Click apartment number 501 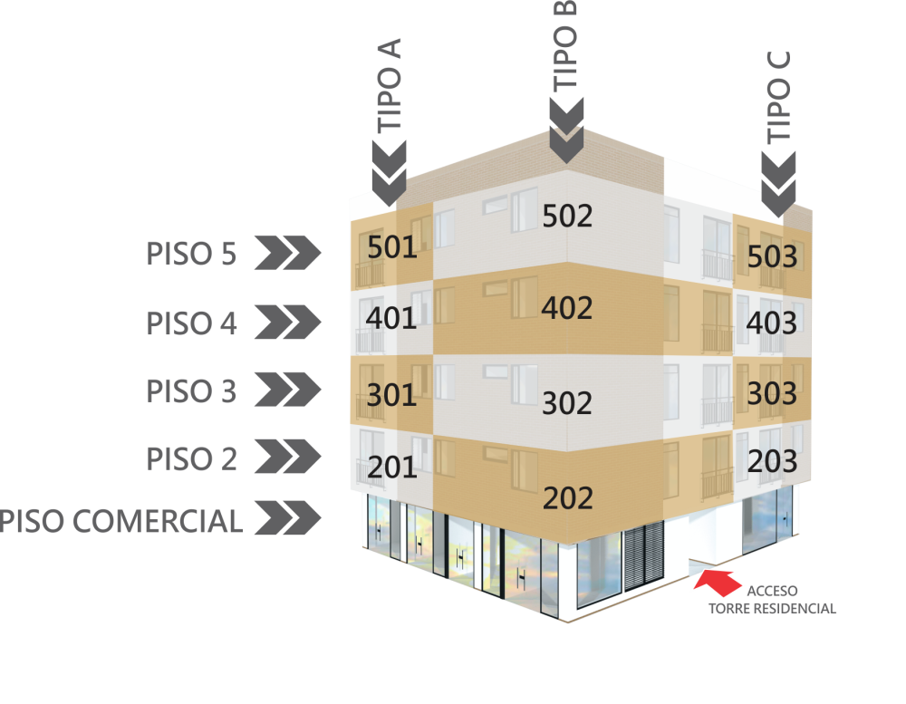pyautogui.click(x=392, y=246)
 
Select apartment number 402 pyautogui.click(x=567, y=308)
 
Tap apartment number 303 pyautogui.click(x=772, y=393)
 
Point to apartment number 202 pyautogui.click(x=567, y=498)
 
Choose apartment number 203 pyautogui.click(x=772, y=461)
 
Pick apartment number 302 pyautogui.click(x=567, y=403)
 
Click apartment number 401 pyautogui.click(x=391, y=318)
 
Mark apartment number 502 pyautogui.click(x=567, y=216)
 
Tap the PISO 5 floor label pyautogui.click(x=191, y=254)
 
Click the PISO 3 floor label pyautogui.click(x=191, y=391)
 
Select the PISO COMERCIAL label pyautogui.click(x=121, y=521)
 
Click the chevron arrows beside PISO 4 pyautogui.click(x=287, y=322)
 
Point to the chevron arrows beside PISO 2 pyautogui.click(x=287, y=458)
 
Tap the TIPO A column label pyautogui.click(x=390, y=86)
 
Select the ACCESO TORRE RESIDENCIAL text pyautogui.click(x=772, y=600)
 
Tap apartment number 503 pyautogui.click(x=772, y=257)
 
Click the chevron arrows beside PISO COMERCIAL pyautogui.click(x=287, y=521)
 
